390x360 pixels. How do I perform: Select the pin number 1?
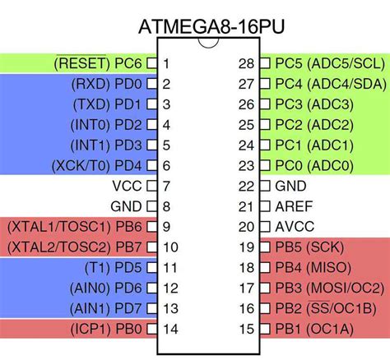click(166, 63)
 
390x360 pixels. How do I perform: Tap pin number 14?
click(169, 329)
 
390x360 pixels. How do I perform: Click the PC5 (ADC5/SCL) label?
click(327, 63)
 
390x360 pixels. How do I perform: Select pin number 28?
click(244, 63)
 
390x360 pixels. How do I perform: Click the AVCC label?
click(295, 227)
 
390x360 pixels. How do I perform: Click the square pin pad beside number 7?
click(151, 186)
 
